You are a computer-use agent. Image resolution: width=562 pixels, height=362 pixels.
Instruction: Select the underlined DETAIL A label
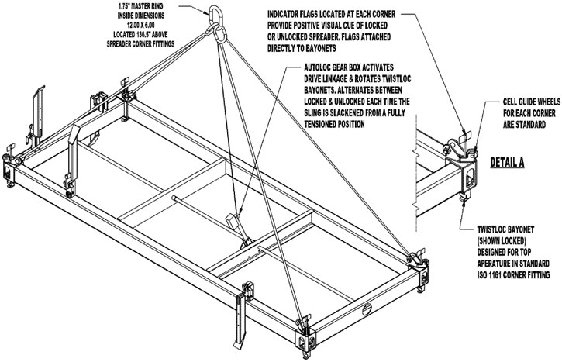(x=509, y=164)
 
